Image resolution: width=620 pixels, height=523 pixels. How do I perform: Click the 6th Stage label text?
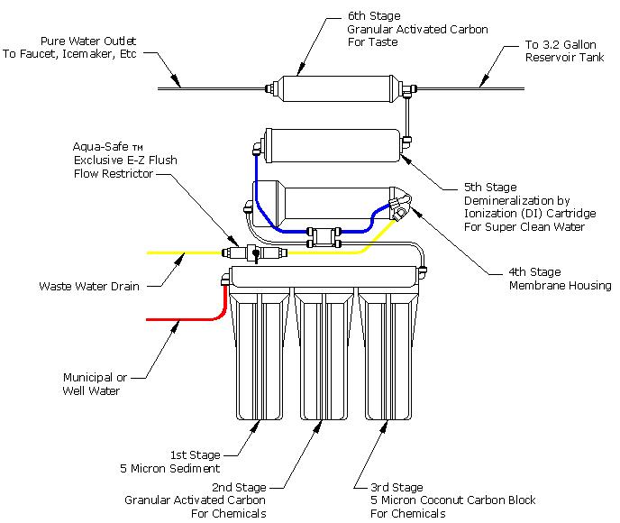tap(374, 16)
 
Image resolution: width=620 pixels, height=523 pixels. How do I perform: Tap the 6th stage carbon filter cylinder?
tap(339, 88)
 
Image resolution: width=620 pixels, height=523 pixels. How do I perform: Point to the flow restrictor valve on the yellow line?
tap(254, 252)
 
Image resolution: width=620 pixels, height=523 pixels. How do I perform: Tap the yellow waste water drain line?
tap(184, 252)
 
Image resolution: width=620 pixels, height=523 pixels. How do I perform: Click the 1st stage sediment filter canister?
tap(260, 354)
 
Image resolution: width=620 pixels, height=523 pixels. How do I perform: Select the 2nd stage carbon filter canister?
tap(324, 354)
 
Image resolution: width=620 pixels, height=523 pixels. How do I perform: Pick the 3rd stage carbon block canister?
tap(388, 354)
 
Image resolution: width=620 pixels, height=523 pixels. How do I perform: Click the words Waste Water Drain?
tap(89, 286)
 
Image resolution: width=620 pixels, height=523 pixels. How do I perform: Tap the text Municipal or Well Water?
tap(95, 384)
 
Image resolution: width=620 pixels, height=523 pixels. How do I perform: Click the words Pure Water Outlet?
tap(88, 41)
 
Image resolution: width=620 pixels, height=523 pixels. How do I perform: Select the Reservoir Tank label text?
tap(565, 58)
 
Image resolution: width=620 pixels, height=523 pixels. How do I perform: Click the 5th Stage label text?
tap(490, 188)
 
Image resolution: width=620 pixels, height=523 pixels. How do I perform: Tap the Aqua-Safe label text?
tap(107, 147)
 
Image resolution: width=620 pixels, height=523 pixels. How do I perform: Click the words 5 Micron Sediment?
tap(170, 468)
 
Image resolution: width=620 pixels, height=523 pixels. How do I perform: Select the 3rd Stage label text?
tap(397, 487)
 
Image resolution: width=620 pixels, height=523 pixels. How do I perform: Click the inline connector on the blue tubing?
tap(324, 237)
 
